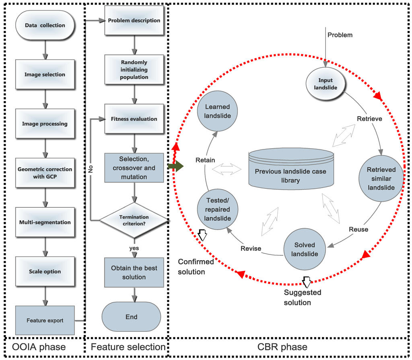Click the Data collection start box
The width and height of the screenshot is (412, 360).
coord(45,25)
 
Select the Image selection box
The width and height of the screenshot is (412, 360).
coord(45,74)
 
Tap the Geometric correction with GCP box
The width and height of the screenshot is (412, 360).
coord(45,173)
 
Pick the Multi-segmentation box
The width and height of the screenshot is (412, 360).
coord(45,222)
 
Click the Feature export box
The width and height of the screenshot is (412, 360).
coord(45,321)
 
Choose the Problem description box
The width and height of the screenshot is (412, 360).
coord(134,21)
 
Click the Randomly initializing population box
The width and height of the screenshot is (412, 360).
coord(134,70)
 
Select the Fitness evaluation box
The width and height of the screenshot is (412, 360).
coord(134,119)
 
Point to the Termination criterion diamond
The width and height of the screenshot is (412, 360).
coord(134,220)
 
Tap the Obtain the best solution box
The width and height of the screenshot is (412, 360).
coord(134,273)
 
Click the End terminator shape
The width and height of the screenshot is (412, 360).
coord(131,317)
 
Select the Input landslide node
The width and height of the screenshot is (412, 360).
coord(325,84)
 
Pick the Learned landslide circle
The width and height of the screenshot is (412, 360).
coord(217,112)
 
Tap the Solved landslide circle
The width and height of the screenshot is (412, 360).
coord(304,249)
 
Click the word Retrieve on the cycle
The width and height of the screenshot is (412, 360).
coord(369,119)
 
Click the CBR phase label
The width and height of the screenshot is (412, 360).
coord(288,347)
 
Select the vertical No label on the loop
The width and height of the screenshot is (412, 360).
coord(91,169)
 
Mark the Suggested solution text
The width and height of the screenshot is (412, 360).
coord(297,297)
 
